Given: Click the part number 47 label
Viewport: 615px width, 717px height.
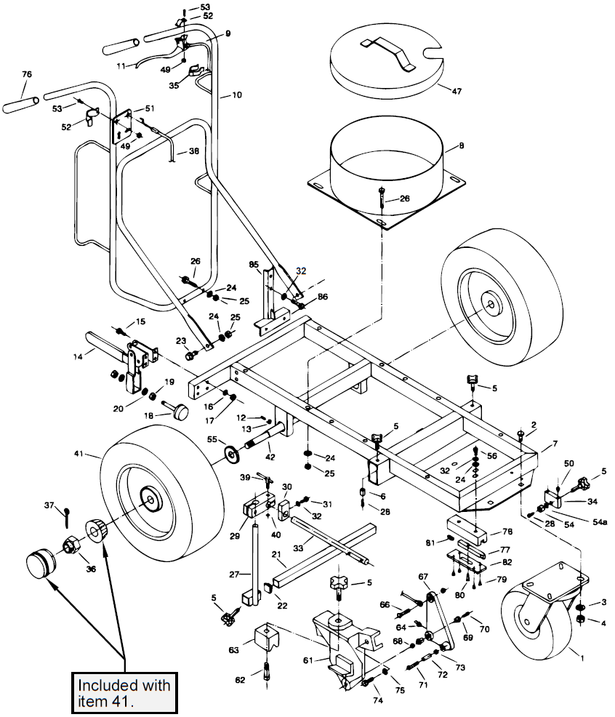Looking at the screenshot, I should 457,92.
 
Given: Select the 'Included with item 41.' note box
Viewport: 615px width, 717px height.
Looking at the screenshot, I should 124,692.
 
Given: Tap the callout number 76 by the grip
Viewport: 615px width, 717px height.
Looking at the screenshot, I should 27,76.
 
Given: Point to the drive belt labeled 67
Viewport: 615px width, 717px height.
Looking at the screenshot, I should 436,618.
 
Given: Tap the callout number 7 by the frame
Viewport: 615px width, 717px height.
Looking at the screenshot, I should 555,444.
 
